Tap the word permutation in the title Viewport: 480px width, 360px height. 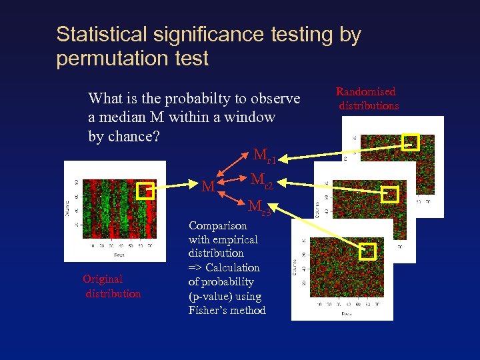[114, 59]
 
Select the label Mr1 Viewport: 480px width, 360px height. [264, 157]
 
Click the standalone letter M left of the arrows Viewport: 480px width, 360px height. [209, 187]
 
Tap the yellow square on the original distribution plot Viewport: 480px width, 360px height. [145, 191]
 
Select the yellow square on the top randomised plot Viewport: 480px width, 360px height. [411, 142]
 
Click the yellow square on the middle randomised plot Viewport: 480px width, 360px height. [389, 194]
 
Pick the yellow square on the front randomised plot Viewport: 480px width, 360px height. [368, 251]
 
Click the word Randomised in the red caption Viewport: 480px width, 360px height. [365, 92]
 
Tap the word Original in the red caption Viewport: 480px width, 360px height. [103, 279]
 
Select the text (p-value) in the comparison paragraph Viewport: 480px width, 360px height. [215, 296]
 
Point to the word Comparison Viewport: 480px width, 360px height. [218, 225]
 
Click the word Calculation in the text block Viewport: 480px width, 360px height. [233, 267]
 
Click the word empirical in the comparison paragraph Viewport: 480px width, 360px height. [235, 239]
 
